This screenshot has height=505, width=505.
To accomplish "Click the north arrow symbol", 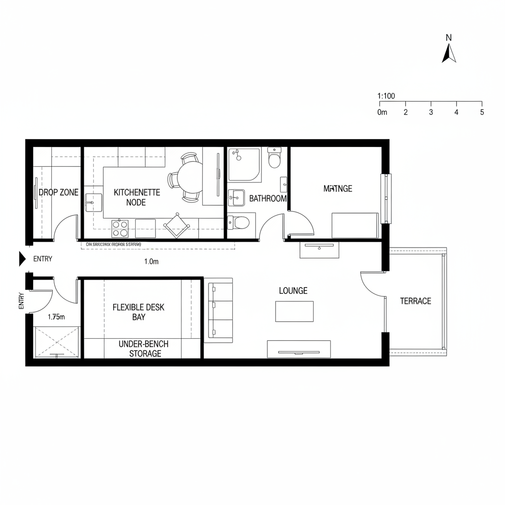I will click(x=449, y=53).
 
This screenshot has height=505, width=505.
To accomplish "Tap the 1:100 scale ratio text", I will click(x=386, y=96).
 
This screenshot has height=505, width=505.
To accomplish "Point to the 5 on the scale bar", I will click(x=482, y=112).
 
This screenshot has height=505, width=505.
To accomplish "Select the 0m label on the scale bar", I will click(x=382, y=112).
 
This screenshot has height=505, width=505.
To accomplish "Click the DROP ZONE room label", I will click(x=58, y=192).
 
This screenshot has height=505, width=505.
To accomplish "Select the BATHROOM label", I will click(x=268, y=199).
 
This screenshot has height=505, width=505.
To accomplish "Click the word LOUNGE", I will click(x=293, y=291).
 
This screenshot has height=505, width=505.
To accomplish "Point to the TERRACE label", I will click(x=415, y=301).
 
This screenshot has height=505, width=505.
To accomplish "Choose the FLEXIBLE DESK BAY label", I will click(x=139, y=312).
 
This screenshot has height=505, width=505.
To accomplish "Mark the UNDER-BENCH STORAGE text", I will click(x=140, y=348).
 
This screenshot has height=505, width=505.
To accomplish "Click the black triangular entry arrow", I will click(x=22, y=258).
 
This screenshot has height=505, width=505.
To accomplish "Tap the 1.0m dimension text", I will click(x=151, y=262).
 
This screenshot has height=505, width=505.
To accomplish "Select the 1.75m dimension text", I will click(x=56, y=317).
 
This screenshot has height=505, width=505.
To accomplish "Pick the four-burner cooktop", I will click(x=119, y=228).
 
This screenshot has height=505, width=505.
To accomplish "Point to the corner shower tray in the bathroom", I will click(x=244, y=165).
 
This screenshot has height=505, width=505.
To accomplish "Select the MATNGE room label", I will click(x=338, y=188).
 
